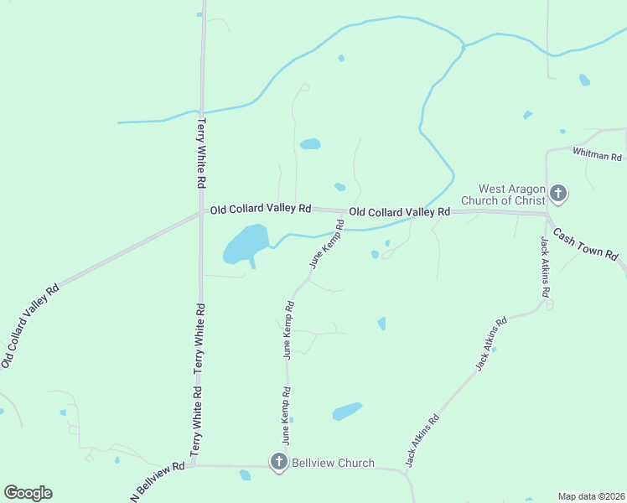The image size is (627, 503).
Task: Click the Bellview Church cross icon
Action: (x=278, y=462)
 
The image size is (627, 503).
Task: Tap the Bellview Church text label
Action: (x=333, y=463)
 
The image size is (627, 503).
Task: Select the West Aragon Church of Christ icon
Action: (x=558, y=195)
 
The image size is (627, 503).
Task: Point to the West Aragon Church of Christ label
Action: (x=511, y=194)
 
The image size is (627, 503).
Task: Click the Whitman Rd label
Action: (x=597, y=155)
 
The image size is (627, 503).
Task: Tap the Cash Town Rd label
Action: (x=586, y=243)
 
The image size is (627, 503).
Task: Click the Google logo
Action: (x=28, y=493)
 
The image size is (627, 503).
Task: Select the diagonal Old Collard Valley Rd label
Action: (x=30, y=325)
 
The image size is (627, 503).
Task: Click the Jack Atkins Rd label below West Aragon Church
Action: (x=545, y=267)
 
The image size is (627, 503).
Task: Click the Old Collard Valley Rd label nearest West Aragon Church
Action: (x=400, y=212)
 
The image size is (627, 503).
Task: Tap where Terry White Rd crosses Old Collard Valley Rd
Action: (x=202, y=211)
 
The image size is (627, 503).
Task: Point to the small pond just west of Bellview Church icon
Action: (x=245, y=475)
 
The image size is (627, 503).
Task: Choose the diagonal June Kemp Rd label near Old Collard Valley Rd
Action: (x=327, y=244)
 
